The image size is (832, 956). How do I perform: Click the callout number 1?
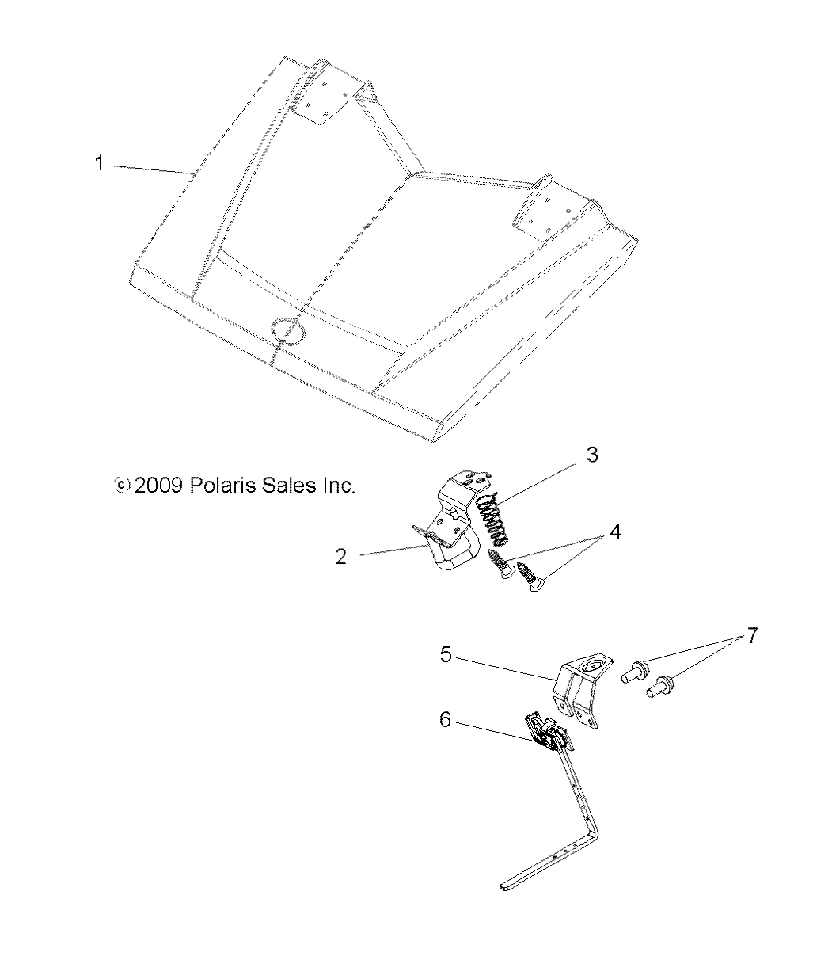[x=99, y=165]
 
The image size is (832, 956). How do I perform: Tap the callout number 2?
[x=341, y=556]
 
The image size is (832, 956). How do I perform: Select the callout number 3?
[x=591, y=455]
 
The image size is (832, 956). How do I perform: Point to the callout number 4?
[x=614, y=531]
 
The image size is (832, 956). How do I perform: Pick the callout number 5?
[x=446, y=656]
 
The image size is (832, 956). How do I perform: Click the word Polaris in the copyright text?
[x=218, y=485]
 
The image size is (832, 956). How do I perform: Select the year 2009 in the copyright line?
[x=159, y=485]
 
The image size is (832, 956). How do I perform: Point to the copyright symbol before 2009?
[x=122, y=485]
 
